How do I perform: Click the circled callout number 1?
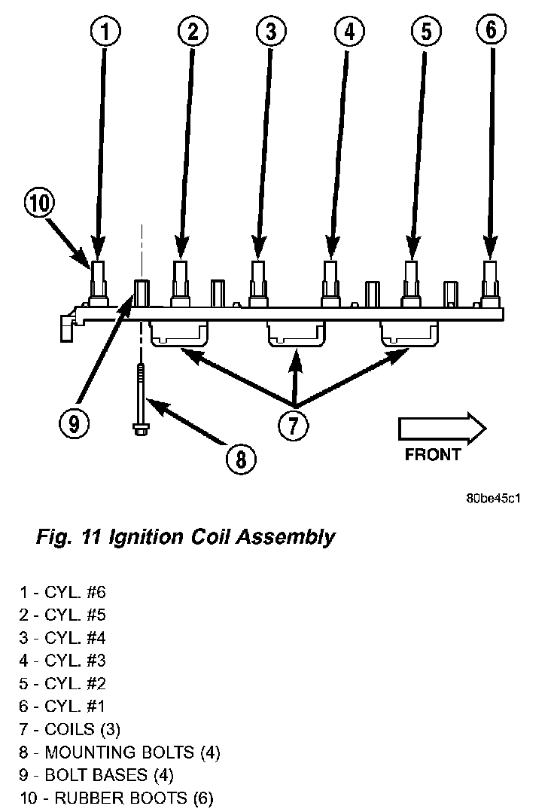(105, 32)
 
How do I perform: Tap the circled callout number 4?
(349, 32)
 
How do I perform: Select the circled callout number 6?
(491, 30)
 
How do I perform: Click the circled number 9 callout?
(73, 423)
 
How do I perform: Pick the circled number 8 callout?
(240, 457)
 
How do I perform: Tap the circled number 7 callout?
(293, 425)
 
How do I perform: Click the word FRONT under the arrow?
(432, 454)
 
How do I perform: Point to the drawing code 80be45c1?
(494, 498)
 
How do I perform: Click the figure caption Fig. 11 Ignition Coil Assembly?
(185, 537)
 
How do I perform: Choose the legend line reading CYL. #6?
(68, 593)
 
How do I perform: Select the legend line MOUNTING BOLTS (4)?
(120, 751)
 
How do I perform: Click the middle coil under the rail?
(295, 334)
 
